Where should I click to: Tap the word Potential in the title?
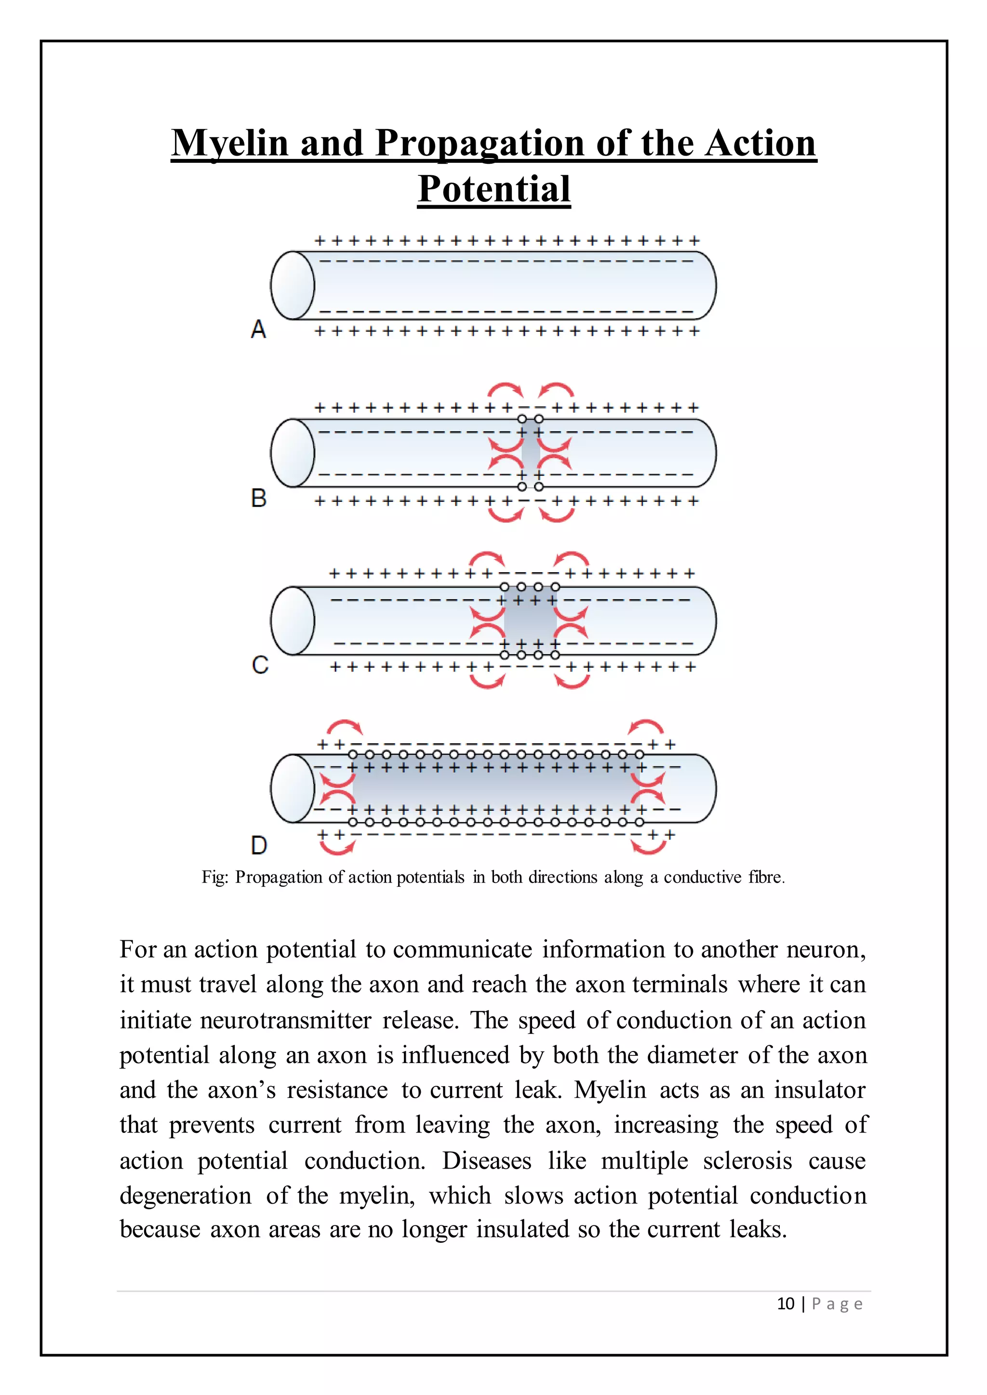click(493, 189)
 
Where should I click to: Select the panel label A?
click(258, 329)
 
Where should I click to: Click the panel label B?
click(259, 498)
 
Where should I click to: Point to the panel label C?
click(260, 665)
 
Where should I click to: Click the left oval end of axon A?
click(293, 285)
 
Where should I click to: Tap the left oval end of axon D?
click(293, 788)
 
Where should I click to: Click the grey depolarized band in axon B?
click(531, 453)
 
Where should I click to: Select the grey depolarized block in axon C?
click(529, 621)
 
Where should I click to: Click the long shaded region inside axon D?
click(495, 788)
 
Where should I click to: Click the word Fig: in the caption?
click(215, 877)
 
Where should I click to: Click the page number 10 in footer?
click(785, 1304)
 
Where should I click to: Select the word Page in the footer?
click(837, 1304)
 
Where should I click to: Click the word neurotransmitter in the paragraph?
click(286, 1020)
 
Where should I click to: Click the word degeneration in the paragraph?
click(186, 1196)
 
